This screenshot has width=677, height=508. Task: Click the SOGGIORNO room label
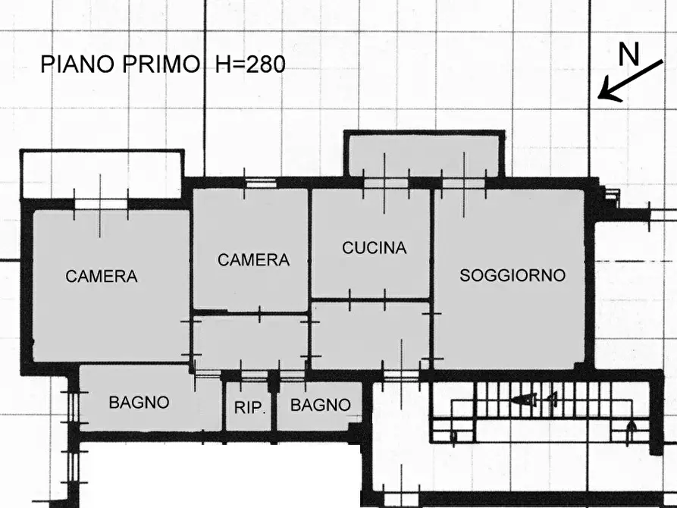512,276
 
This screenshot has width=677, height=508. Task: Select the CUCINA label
374,248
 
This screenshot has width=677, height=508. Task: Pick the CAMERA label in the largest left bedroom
102,277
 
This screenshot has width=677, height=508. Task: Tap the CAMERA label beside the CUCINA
253,260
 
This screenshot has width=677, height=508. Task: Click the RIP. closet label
249,408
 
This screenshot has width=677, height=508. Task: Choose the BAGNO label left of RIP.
139,403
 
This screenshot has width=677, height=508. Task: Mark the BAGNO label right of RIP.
321,406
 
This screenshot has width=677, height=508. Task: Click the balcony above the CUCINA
423,155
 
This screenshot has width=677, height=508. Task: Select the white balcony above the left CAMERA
102,173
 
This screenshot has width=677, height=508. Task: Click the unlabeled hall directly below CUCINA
370,336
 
